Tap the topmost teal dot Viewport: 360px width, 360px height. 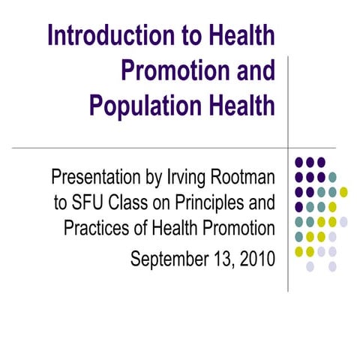(332, 177)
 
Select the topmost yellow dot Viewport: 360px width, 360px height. (343, 191)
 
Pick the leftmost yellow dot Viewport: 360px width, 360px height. (298, 250)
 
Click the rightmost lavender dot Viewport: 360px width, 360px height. (343, 221)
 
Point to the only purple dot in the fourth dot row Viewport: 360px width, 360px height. (298, 206)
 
